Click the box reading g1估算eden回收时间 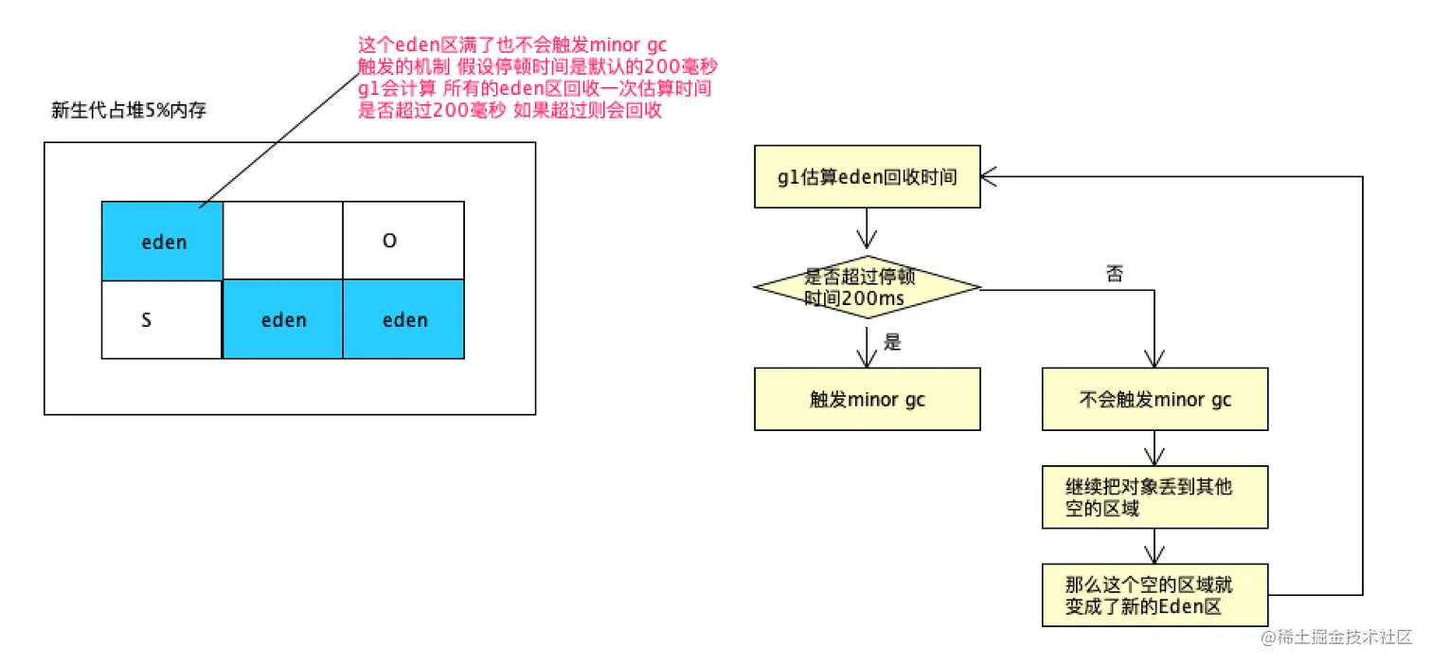click(867, 177)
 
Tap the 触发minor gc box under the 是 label click(867, 400)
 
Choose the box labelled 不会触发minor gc click(1155, 400)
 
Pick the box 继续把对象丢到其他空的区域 click(1155, 496)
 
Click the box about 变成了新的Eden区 click(1155, 595)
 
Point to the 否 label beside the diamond click(1115, 274)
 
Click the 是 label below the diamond click(892, 342)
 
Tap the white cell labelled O click(403, 241)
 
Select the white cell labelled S click(162, 320)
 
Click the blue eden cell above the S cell click(163, 242)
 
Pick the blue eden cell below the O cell click(403, 320)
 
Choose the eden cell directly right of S click(283, 320)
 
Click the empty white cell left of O click(283, 241)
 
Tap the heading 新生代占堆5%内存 click(128, 111)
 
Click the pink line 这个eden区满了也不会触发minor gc click(512, 45)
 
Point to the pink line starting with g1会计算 click(535, 88)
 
